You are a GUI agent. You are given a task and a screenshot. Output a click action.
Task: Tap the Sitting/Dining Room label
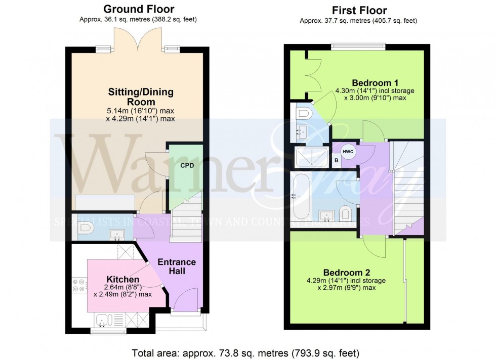point(141,97)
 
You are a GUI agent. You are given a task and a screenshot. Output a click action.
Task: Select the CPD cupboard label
point(185,165)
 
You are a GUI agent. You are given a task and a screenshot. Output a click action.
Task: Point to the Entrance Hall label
point(177,266)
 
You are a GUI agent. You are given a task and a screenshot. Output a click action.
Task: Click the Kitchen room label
point(122,279)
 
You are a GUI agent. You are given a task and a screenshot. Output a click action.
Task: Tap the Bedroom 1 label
point(375,83)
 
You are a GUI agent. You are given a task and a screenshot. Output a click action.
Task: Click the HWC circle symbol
point(348,152)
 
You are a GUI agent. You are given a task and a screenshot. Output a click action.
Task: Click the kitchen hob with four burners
point(79,286)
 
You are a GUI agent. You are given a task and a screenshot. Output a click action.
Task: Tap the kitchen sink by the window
point(104,320)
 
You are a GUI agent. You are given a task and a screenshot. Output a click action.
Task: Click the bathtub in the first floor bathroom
point(299,197)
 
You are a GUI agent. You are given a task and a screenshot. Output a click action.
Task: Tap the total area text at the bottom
point(245,352)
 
